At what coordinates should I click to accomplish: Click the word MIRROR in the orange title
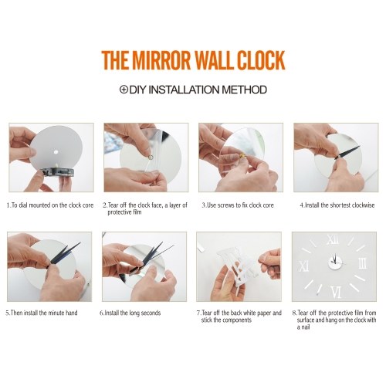coord(161,60)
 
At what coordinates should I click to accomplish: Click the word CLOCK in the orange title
coord(261,60)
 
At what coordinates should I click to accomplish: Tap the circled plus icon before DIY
coord(124,90)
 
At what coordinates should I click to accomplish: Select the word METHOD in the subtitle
coord(244,90)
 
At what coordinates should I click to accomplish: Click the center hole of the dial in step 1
coord(56,152)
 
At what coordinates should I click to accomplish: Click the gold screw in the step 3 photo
coord(243,155)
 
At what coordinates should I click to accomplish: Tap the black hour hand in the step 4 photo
coord(348,152)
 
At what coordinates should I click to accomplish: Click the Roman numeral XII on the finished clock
coord(333,239)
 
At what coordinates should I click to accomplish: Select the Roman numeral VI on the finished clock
coord(337,292)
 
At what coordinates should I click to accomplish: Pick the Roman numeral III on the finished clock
coord(362,263)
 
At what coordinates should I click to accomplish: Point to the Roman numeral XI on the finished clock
coord(303,266)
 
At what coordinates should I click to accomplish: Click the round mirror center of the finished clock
coord(336,262)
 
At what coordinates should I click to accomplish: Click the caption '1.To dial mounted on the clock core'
coord(50,205)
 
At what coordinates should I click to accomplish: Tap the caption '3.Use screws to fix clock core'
coord(238,205)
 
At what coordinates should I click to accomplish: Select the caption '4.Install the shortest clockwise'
coord(337,205)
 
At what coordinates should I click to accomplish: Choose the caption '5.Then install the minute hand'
coord(42,313)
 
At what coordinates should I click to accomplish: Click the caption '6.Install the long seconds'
coord(130,313)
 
